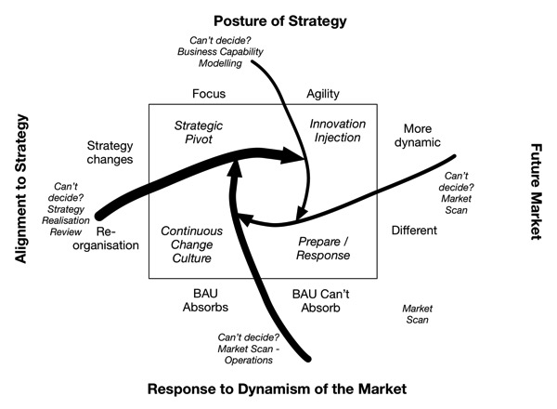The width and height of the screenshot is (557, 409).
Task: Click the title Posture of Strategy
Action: [280, 21]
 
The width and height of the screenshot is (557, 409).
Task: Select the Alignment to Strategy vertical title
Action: [21, 189]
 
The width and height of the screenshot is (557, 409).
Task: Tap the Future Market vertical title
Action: [536, 191]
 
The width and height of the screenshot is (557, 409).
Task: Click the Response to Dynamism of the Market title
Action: [277, 389]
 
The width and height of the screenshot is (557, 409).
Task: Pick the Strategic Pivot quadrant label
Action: [199, 132]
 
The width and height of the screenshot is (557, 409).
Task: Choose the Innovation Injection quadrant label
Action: [338, 130]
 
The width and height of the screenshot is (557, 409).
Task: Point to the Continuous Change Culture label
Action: [192, 244]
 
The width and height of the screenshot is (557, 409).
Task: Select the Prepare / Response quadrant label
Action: [323, 248]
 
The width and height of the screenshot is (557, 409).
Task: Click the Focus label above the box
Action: [209, 94]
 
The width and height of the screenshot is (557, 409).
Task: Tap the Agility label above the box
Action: [323, 94]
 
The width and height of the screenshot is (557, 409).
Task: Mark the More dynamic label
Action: [418, 136]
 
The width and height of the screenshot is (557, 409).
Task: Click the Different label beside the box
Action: [414, 231]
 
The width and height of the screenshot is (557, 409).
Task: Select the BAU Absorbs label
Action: [205, 300]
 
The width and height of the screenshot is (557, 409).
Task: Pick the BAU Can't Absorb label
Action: [320, 301]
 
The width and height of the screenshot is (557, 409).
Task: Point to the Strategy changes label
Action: [110, 152]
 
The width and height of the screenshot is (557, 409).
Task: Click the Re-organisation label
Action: [106, 239]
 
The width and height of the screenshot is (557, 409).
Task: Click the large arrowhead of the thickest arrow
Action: [291, 155]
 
